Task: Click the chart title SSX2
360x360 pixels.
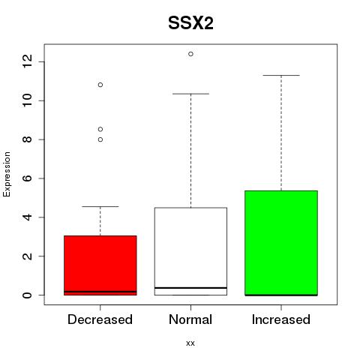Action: [190, 23]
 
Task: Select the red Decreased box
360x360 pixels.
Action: [100, 265]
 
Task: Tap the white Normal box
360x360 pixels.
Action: [190, 251]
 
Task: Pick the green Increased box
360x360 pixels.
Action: [281, 243]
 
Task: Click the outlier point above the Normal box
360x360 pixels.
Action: [190, 54]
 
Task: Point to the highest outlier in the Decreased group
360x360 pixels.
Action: [100, 85]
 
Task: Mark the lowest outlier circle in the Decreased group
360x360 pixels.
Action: [100, 139]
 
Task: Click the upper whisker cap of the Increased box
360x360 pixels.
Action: [281, 75]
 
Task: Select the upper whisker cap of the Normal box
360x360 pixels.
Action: [190, 94]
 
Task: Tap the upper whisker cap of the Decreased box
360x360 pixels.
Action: [100, 206]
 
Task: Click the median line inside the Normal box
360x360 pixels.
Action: [190, 288]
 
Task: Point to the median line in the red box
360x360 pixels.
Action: [100, 292]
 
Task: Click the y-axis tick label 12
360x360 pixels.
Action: [27, 61]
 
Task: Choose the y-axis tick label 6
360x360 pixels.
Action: [27, 178]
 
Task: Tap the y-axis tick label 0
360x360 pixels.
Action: [27, 295]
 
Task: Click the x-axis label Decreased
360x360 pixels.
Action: [100, 319]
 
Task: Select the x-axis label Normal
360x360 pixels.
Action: [190, 319]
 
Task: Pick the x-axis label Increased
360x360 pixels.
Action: [281, 319]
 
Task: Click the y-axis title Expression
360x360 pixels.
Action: [7, 174]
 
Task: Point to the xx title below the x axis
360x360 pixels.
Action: [190, 343]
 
